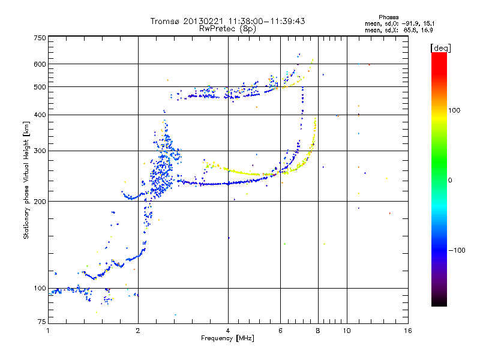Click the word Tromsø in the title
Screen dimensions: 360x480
[167, 21]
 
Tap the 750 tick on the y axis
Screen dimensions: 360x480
[40, 38]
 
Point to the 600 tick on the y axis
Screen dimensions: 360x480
[40, 64]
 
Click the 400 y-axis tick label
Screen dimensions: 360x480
[40, 115]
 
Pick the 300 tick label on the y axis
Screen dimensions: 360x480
[40, 151]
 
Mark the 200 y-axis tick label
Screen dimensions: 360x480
[40, 202]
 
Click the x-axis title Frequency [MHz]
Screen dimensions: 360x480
[227, 339]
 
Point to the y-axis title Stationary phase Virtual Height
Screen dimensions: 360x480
[26, 180]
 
